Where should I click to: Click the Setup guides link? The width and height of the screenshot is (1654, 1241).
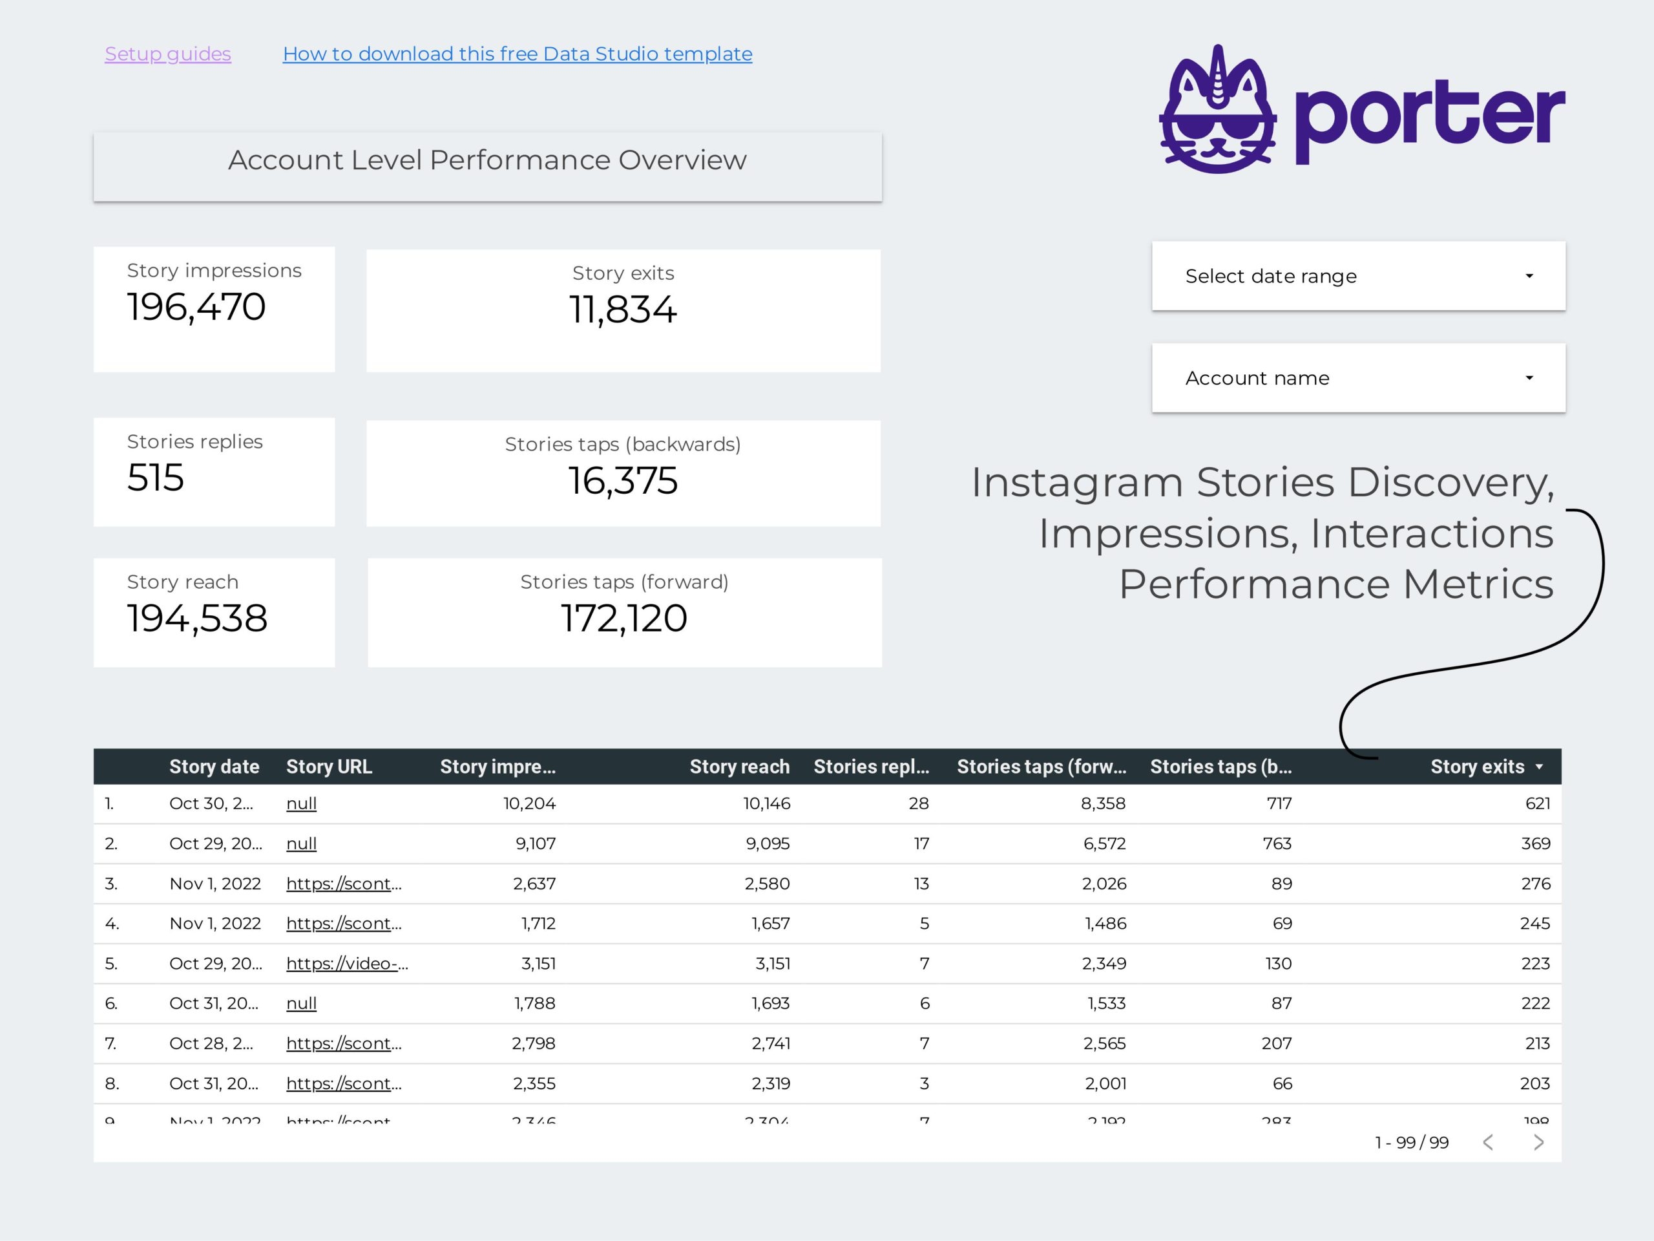pos(167,54)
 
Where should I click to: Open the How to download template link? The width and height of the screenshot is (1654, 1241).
pos(517,54)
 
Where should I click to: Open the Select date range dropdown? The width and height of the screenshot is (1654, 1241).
pos(1358,276)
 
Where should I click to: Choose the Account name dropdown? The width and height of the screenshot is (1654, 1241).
pos(1358,377)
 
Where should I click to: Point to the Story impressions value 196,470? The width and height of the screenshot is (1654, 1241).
pos(196,307)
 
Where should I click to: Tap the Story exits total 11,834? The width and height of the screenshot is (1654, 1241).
pos(623,310)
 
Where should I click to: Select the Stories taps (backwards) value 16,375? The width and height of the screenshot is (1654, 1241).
pos(623,480)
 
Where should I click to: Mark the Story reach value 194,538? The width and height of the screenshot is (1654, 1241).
pos(196,618)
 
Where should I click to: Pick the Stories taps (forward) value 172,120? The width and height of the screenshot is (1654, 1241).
pos(623,618)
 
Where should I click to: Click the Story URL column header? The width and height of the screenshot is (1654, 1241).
pos(329,767)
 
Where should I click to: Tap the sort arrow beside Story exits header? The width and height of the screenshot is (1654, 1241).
pos(1539,767)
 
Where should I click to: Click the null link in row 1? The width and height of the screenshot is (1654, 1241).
pos(301,803)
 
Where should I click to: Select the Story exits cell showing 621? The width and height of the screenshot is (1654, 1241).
pos(1537,803)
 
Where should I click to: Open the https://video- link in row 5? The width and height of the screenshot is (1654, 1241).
pos(347,964)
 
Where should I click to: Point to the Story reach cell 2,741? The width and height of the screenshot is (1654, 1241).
pos(771,1043)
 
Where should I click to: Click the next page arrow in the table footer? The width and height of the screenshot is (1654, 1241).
pos(1538,1142)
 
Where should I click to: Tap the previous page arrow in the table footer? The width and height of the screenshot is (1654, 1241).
pos(1488,1142)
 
